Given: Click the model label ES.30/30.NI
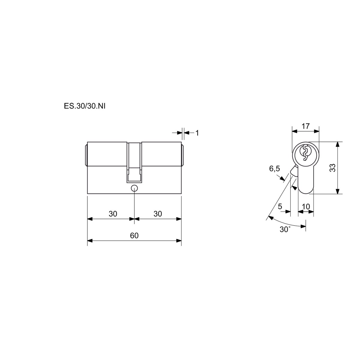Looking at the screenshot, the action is (x=85, y=106).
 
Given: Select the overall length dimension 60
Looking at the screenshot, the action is (x=134, y=235).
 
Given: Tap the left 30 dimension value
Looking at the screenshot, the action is (x=113, y=214).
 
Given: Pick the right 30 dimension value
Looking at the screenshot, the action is (x=158, y=214).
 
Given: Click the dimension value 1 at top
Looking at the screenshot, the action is (x=197, y=133).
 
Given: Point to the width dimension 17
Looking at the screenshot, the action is (x=306, y=126).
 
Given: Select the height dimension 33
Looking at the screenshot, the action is (x=333, y=168).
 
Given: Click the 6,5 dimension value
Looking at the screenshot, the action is (x=274, y=169).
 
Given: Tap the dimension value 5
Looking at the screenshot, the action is (x=280, y=206).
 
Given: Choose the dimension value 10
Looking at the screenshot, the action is (x=306, y=207).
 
